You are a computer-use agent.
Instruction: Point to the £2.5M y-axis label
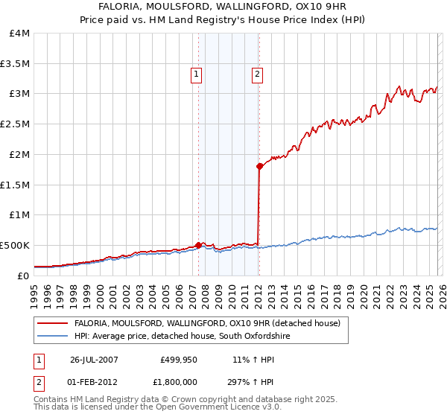pyautogui.click(x=15, y=124)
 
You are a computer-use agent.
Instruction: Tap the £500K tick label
pyautogui.click(x=15, y=245)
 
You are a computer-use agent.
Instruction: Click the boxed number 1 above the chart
pyautogui.click(x=196, y=74)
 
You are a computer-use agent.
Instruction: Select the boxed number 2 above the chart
pyautogui.click(x=257, y=74)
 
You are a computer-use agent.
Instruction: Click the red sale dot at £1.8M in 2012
pyautogui.click(x=259, y=167)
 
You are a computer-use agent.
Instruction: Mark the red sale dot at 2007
pyautogui.click(x=199, y=244)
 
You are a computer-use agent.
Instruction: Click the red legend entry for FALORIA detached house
pyautogui.click(x=207, y=323)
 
